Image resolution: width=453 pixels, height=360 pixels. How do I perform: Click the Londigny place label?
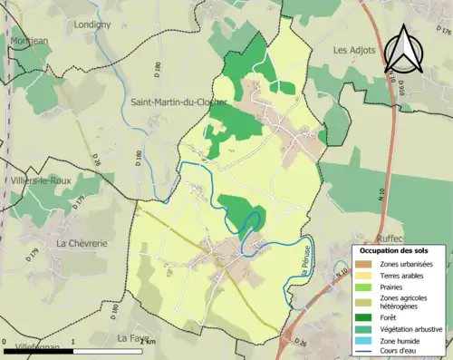point(92,24)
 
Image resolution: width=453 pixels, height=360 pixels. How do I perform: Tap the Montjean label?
point(28,41)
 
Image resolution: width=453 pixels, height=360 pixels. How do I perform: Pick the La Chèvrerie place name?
point(82,243)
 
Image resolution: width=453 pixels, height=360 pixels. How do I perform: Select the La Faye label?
point(133,337)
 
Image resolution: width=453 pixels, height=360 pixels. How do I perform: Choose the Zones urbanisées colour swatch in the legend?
point(365,264)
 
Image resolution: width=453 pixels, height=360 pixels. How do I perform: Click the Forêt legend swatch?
point(365,317)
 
